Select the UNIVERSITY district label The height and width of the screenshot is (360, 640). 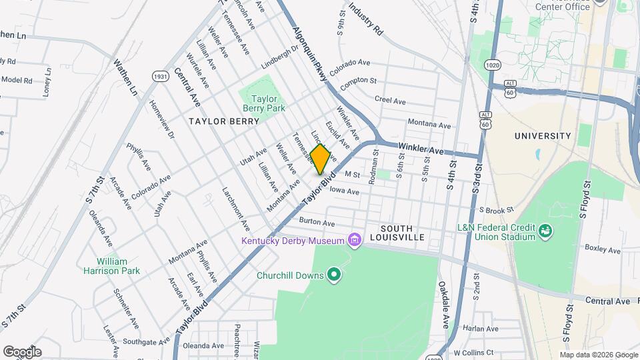[543, 136]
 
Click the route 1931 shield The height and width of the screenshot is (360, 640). [159, 76]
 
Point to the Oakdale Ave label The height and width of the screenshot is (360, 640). [443, 304]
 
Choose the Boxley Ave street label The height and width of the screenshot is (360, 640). [602, 249]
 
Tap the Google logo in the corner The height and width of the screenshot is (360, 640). [22, 351]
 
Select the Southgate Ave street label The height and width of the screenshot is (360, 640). [142, 342]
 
